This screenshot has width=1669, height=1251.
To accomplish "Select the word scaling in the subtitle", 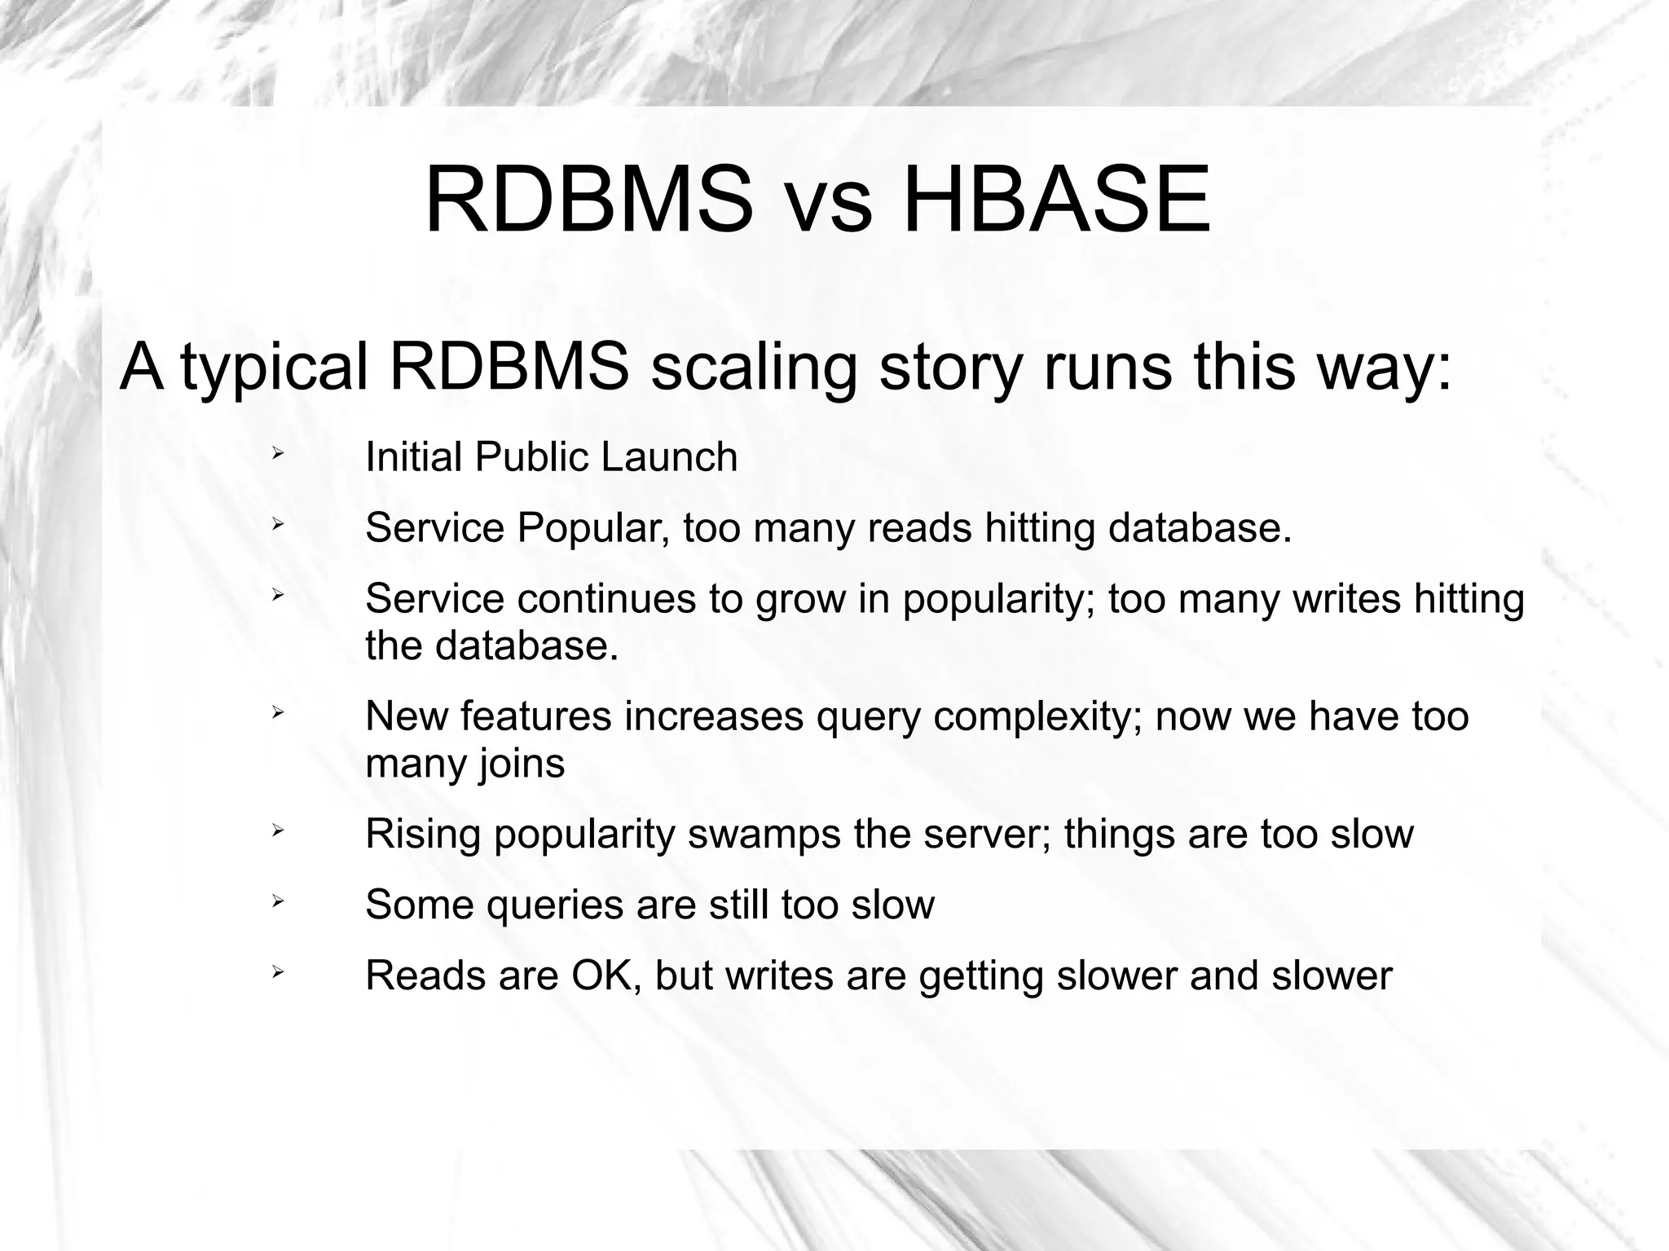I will [x=755, y=368].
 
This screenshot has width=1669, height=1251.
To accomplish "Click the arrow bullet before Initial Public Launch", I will [x=277, y=452].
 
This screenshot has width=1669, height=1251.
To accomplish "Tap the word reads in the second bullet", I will [x=920, y=528].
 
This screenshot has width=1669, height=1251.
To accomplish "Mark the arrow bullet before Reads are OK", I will [x=277, y=971].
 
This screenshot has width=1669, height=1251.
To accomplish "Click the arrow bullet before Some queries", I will [x=277, y=901].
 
